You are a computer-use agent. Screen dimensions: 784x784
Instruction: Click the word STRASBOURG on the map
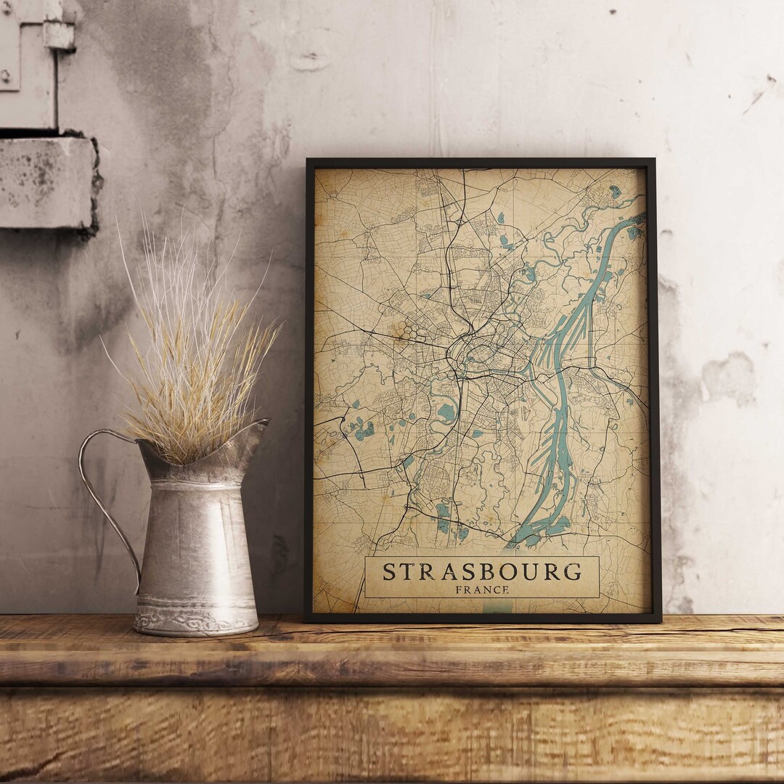pyautogui.click(x=482, y=571)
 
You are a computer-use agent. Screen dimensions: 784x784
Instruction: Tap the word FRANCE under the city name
pyautogui.click(x=482, y=589)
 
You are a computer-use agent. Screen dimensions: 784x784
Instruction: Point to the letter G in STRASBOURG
pyautogui.click(x=573, y=571)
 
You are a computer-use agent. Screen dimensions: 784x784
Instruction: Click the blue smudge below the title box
pyautogui.click(x=497, y=607)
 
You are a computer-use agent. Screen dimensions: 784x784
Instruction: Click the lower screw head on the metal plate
pyautogui.click(x=6, y=76)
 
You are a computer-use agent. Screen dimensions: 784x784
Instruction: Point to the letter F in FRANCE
pyautogui.click(x=459, y=589)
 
